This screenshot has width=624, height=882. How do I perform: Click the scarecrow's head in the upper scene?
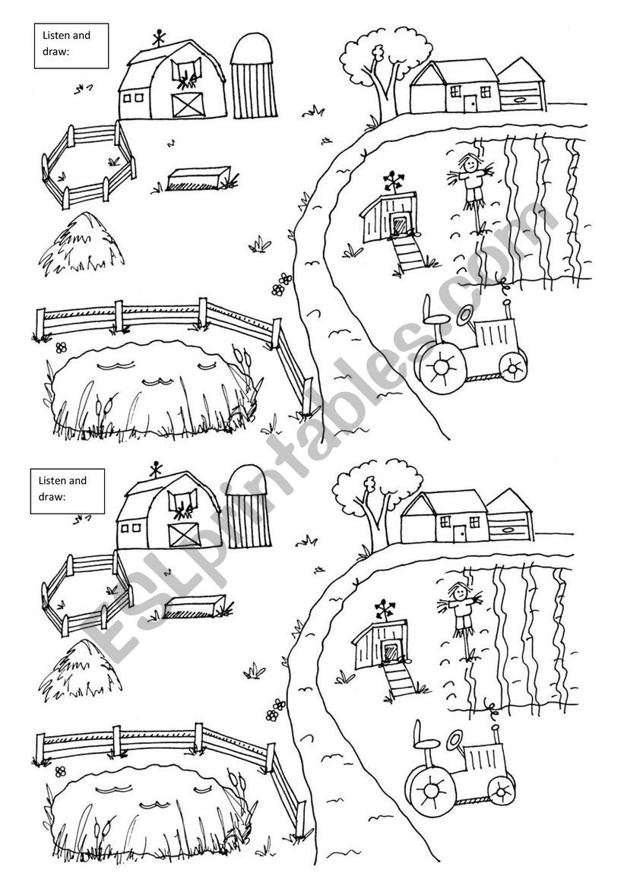[469, 164]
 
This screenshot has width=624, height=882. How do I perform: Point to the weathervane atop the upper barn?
[160, 38]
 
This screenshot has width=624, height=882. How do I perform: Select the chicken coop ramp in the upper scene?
[408, 253]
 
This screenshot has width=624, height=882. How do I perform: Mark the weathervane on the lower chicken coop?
[385, 609]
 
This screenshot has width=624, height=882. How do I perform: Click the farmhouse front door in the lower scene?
[461, 533]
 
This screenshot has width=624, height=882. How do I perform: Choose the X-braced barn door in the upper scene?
[187, 105]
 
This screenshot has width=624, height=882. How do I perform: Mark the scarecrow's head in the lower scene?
[458, 592]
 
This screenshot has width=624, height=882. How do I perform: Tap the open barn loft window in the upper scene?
[187, 72]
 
